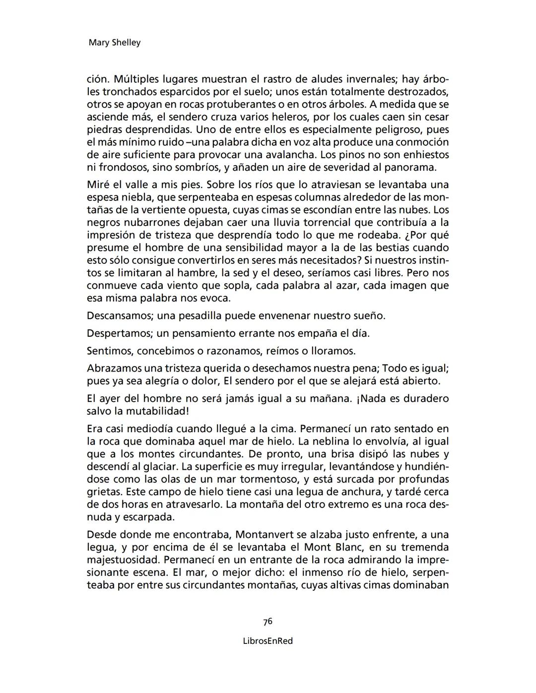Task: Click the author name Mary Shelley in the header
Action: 114,43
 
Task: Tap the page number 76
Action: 268,622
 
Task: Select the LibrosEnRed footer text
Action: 268,641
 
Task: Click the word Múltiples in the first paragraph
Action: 135,79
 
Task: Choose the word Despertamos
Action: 117,333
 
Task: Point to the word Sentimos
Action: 110,351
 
